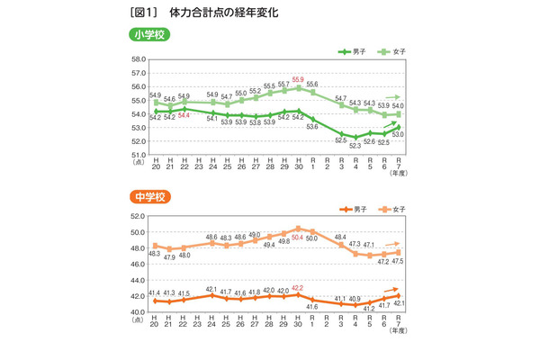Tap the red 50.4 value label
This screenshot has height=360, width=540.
click(x=298, y=237)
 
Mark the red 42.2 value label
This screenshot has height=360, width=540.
click(x=298, y=288)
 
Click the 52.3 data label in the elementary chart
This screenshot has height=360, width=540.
click(x=355, y=144)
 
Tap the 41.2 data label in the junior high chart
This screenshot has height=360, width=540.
click(x=370, y=308)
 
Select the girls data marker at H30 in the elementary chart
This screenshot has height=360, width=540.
click(x=298, y=87)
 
